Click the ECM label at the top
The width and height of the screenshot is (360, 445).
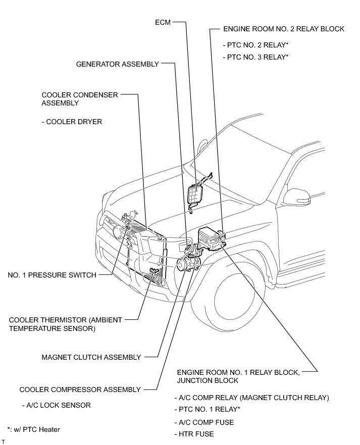tap(164, 23)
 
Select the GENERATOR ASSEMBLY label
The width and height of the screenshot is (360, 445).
tap(117, 64)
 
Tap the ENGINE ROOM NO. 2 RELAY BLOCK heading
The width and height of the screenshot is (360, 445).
tap(283, 29)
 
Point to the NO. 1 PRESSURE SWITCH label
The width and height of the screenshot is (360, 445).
tap(52, 275)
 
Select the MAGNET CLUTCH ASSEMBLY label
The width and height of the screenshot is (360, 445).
tap(91, 357)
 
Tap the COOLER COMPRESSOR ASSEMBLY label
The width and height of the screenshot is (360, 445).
tap(80, 390)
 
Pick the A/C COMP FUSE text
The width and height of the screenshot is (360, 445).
tap(204, 422)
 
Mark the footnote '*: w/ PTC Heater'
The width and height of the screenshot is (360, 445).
tap(34, 429)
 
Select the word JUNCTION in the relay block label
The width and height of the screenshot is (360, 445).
tap(195, 380)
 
